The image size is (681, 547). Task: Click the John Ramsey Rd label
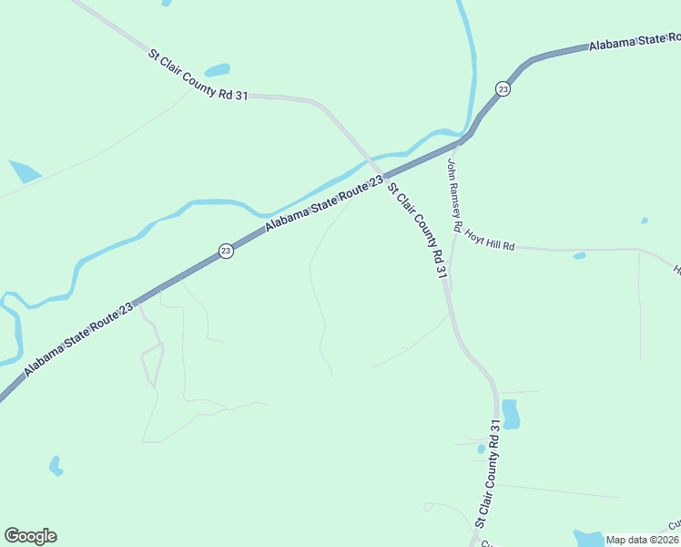(455, 194)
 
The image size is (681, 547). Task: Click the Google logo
(30, 536)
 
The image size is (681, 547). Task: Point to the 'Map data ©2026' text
(641, 540)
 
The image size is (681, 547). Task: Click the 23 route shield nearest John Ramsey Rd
(503, 88)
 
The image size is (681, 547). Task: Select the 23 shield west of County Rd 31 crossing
(226, 251)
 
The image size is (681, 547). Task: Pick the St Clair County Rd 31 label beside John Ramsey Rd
(419, 231)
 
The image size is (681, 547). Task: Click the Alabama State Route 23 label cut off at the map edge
(634, 41)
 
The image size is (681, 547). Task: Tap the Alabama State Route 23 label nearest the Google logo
(78, 337)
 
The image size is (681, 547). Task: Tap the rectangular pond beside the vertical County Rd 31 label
(510, 414)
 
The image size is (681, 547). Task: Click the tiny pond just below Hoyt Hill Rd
(579, 256)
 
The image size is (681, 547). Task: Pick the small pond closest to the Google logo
(56, 466)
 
